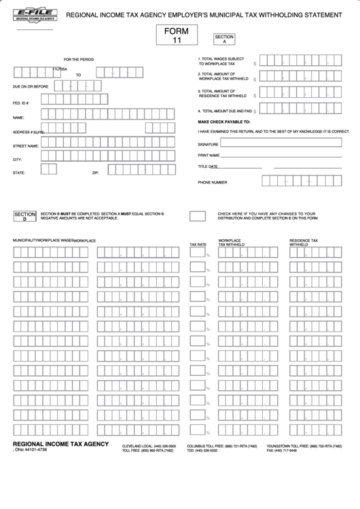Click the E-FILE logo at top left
click(x=35, y=16)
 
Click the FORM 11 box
click(x=177, y=36)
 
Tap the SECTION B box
click(x=25, y=216)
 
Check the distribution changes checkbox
click(x=198, y=215)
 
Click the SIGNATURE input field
click(x=285, y=143)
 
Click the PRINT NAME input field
click(x=285, y=156)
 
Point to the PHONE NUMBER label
click(x=213, y=182)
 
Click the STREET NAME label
click(x=25, y=145)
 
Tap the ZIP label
click(x=96, y=173)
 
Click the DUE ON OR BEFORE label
click(x=31, y=87)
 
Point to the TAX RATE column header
click(x=198, y=244)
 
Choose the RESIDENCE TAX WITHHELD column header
click(x=304, y=243)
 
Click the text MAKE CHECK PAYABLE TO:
click(x=224, y=121)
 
